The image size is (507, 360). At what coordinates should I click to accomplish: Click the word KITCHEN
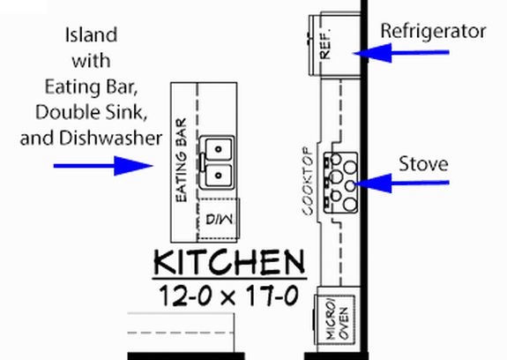(229, 263)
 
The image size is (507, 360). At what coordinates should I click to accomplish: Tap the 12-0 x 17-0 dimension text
(229, 294)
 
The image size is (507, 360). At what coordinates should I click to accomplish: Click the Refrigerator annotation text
(433, 32)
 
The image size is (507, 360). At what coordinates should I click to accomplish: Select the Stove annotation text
(423, 163)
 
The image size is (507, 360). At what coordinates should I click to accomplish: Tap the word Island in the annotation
(89, 36)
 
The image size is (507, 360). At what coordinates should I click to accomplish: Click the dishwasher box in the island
(218, 221)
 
